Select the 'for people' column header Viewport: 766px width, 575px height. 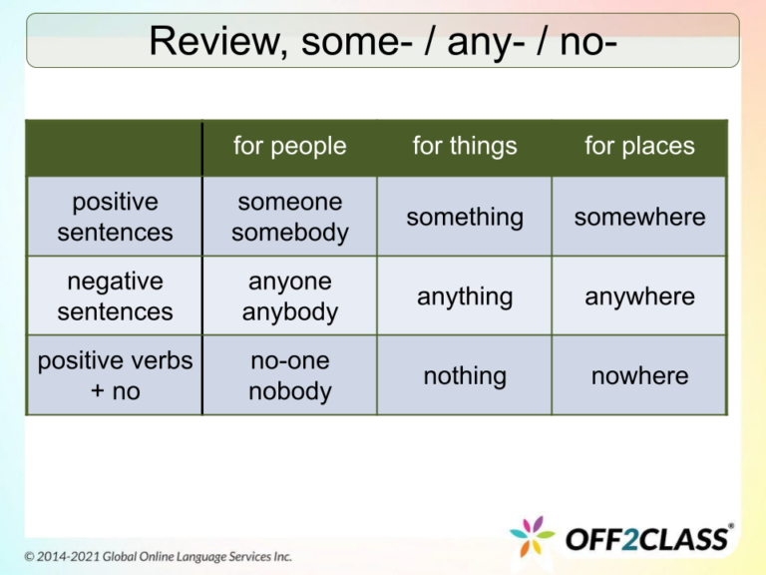(289, 146)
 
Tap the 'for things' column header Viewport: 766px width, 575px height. (465, 146)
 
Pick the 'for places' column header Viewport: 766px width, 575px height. (639, 146)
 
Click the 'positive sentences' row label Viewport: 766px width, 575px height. (114, 217)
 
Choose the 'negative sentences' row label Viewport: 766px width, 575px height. (114, 296)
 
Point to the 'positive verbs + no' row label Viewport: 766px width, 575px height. (114, 375)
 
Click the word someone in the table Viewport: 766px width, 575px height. (289, 202)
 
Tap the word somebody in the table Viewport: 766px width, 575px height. (289, 233)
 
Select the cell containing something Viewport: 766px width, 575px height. (465, 217)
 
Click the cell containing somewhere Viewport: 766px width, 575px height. (639, 217)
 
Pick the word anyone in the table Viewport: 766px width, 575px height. (289, 282)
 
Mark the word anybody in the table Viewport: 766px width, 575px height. (289, 312)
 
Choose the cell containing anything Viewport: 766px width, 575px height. (465, 296)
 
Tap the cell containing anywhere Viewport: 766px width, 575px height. (639, 296)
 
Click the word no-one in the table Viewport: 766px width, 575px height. (289, 360)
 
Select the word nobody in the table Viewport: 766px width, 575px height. (289, 391)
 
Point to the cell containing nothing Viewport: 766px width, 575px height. (465, 375)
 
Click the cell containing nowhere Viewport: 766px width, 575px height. (639, 375)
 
